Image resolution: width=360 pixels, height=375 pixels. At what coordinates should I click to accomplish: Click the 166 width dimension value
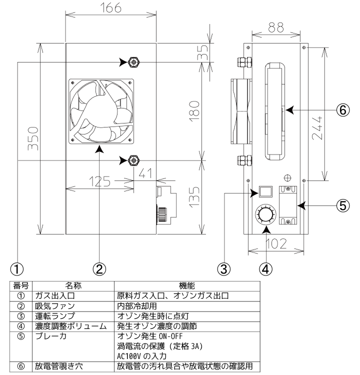110,7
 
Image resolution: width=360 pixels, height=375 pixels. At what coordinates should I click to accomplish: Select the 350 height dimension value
33,138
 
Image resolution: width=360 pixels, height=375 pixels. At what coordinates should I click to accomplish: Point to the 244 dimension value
317,128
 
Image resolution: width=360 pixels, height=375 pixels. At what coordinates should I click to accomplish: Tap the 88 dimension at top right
276,27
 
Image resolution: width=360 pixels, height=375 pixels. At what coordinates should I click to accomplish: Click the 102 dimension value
276,243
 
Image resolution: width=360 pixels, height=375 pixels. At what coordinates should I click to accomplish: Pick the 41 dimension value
145,173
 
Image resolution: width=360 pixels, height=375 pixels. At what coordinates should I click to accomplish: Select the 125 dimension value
99,181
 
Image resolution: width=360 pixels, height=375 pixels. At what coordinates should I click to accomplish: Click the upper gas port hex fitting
133,62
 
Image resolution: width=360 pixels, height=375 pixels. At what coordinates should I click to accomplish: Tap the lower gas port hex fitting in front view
133,160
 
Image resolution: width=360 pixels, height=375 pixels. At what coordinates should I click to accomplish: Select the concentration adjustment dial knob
266,214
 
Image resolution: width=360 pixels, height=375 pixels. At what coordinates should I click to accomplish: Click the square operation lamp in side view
266,191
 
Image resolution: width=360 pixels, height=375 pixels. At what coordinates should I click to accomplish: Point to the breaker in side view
288,205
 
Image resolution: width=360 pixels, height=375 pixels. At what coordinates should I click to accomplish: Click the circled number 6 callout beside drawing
343,110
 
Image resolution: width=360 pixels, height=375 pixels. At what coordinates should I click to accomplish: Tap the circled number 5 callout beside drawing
343,205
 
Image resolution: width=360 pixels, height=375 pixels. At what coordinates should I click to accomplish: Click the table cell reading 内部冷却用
137,306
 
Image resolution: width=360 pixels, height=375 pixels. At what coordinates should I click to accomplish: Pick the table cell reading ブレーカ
50,336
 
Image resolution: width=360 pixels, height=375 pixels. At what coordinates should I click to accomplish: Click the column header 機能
187,285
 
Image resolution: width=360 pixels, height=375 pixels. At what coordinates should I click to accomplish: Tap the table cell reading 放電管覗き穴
59,366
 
